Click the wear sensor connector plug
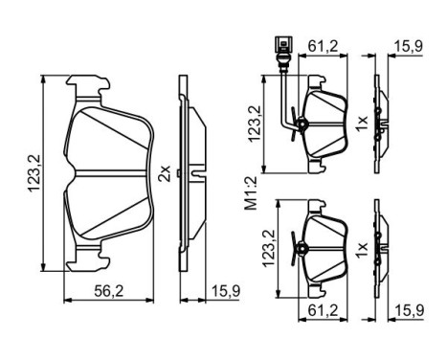(279, 43)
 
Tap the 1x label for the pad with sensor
(362, 123)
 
